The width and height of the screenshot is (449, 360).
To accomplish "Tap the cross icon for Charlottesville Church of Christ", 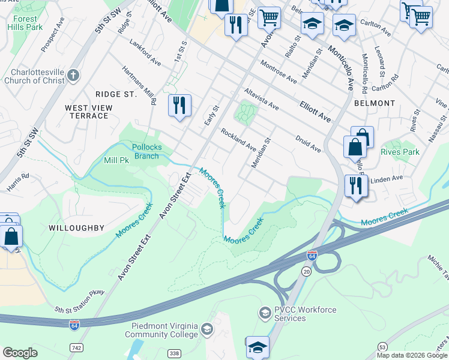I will click(x=73, y=75).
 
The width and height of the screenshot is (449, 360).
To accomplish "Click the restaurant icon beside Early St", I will click(x=179, y=106).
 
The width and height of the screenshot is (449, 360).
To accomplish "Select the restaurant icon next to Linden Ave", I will click(x=357, y=186).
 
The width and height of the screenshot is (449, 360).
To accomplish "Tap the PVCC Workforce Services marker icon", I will click(x=265, y=313).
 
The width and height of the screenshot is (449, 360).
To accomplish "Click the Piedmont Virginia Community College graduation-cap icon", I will click(x=207, y=329).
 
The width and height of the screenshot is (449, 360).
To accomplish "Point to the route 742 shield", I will click(x=76, y=348).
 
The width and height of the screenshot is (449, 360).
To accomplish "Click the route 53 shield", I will click(x=382, y=346).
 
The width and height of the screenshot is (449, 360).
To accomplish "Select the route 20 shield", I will click(x=306, y=272).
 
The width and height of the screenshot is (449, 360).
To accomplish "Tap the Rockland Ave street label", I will click(x=238, y=139).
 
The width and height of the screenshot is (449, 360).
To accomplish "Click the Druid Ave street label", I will click(x=308, y=143).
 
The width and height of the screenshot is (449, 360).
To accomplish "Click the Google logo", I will click(x=20, y=353).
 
